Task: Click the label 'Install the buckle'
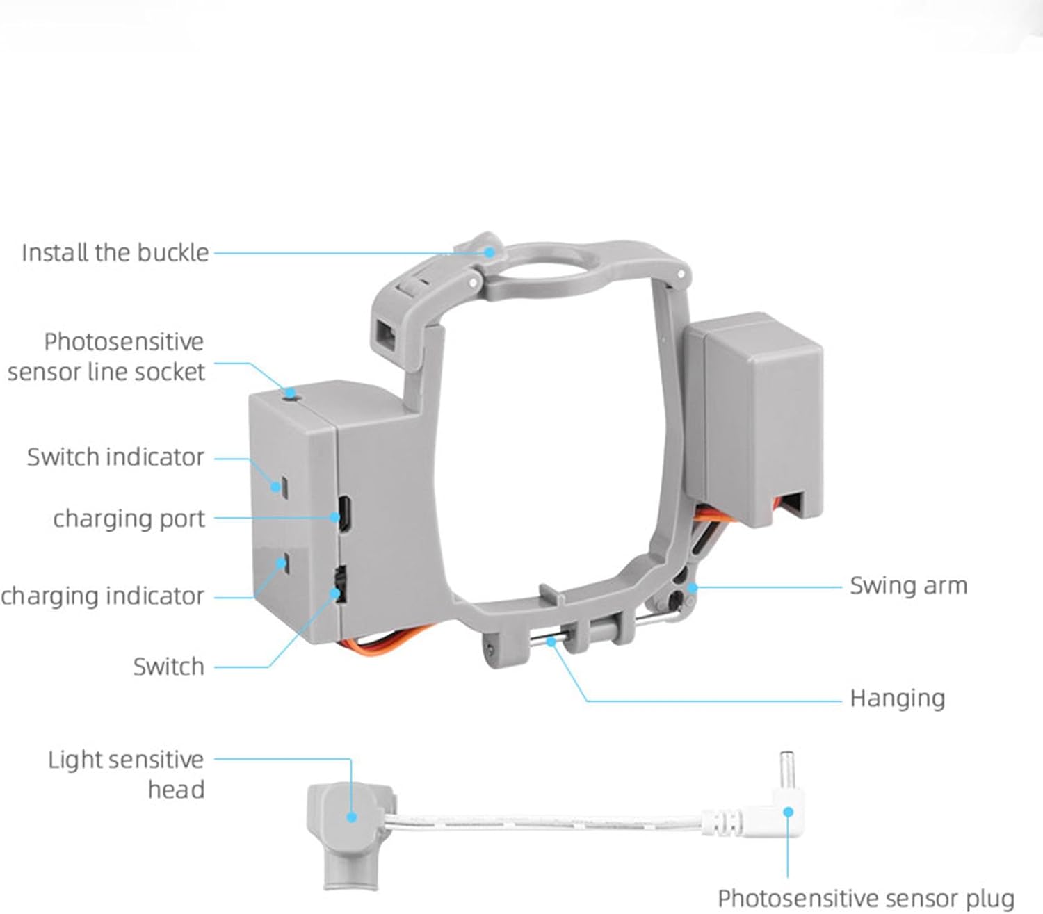tap(115, 252)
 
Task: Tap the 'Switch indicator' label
tap(115, 457)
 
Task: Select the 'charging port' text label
tap(129, 519)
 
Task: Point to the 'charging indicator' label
tap(102, 596)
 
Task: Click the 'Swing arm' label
tap(908, 586)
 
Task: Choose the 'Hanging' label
tap(897, 699)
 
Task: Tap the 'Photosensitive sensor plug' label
tap(866, 898)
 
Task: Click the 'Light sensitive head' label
tap(126, 774)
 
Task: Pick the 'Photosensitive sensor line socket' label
tap(106, 357)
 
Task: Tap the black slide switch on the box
tap(339, 585)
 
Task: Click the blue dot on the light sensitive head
tap(352, 816)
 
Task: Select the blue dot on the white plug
tap(788, 812)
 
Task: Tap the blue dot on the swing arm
tap(693, 588)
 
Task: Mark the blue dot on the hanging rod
tap(551, 642)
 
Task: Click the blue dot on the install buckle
tap(490, 252)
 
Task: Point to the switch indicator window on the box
tap(283, 485)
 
